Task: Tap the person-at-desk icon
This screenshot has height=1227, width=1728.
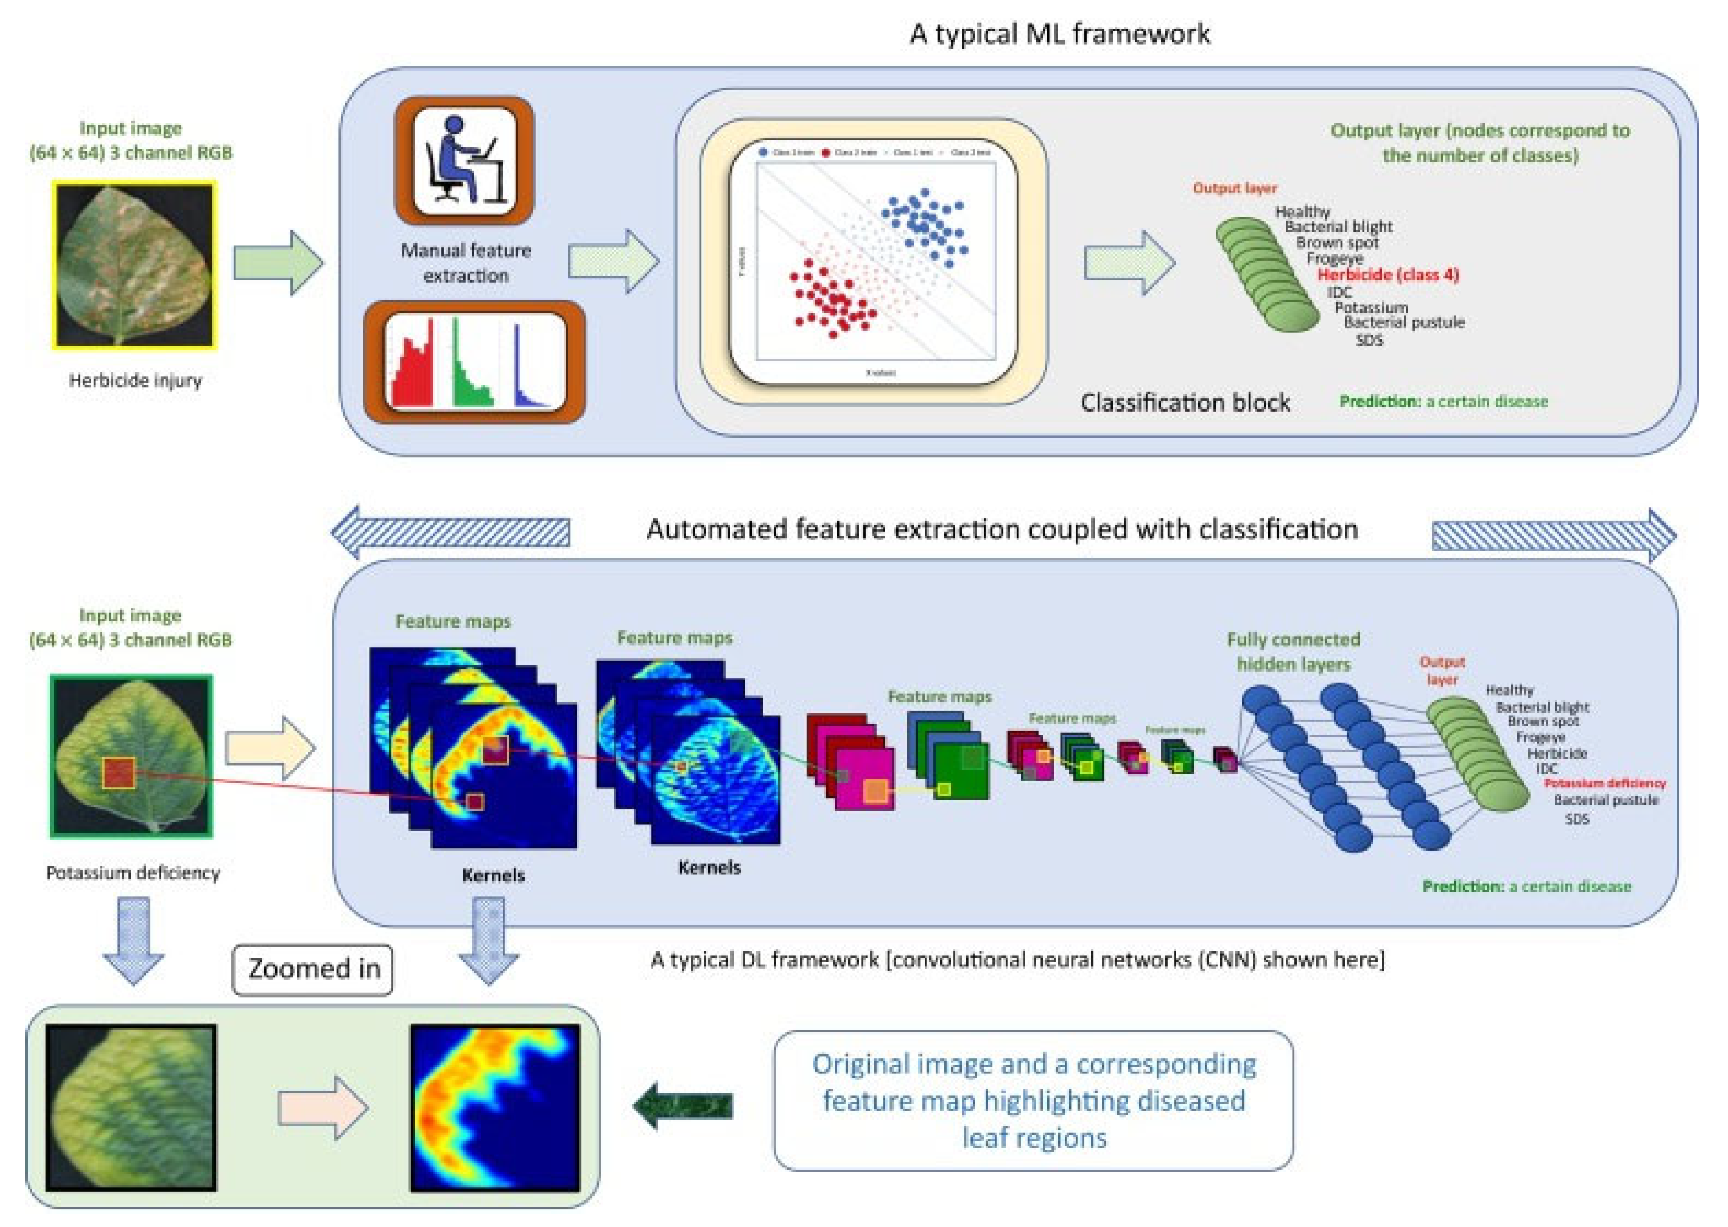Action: [464, 160]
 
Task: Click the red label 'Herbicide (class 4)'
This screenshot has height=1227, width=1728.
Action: [1387, 275]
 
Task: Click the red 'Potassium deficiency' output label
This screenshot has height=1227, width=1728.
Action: [1604, 783]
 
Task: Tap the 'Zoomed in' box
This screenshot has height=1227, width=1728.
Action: [313, 969]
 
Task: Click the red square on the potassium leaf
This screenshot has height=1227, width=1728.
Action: [119, 773]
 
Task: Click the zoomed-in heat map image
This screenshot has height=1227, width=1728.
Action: [495, 1107]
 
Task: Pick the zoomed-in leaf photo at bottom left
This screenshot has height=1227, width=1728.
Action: [131, 1107]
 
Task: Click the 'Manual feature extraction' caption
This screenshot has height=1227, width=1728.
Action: [466, 263]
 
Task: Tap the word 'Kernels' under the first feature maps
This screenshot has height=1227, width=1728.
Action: [493, 875]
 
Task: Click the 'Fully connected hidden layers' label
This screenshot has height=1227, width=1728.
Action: [1293, 651]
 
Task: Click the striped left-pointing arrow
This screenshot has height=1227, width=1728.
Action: [451, 532]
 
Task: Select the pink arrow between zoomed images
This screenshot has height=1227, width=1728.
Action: [323, 1107]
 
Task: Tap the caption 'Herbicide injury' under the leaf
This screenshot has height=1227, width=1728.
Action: [135, 380]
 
